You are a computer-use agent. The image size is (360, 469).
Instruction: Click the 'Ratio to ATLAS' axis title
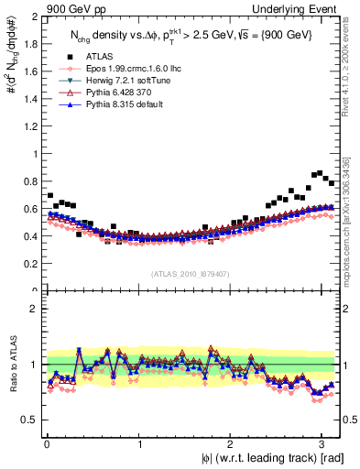pos(11,363)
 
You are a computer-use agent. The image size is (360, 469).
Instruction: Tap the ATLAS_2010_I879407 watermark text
pos(191,273)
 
